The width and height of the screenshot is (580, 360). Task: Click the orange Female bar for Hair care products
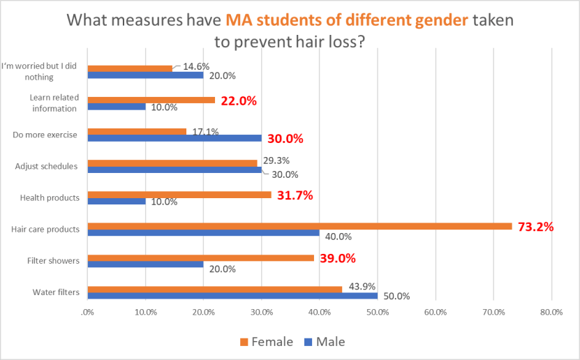[300, 226]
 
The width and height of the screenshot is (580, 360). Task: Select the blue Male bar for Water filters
[232, 296]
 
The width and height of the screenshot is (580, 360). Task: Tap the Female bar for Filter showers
[201, 257]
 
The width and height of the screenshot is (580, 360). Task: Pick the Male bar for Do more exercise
[174, 138]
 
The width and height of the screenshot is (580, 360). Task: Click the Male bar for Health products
[117, 202]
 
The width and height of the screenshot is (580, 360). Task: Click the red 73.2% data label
[535, 227]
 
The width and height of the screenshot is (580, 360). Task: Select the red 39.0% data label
[338, 258]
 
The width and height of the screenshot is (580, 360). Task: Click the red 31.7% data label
[295, 195]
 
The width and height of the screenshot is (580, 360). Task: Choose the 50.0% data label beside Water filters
[397, 297]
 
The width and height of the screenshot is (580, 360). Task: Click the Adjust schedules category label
[46, 166]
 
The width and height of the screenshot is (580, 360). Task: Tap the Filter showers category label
[53, 261]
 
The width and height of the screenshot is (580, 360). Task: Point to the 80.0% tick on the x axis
[551, 313]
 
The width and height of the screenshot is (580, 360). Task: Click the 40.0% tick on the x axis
[319, 313]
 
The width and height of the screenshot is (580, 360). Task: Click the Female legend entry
[267, 342]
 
